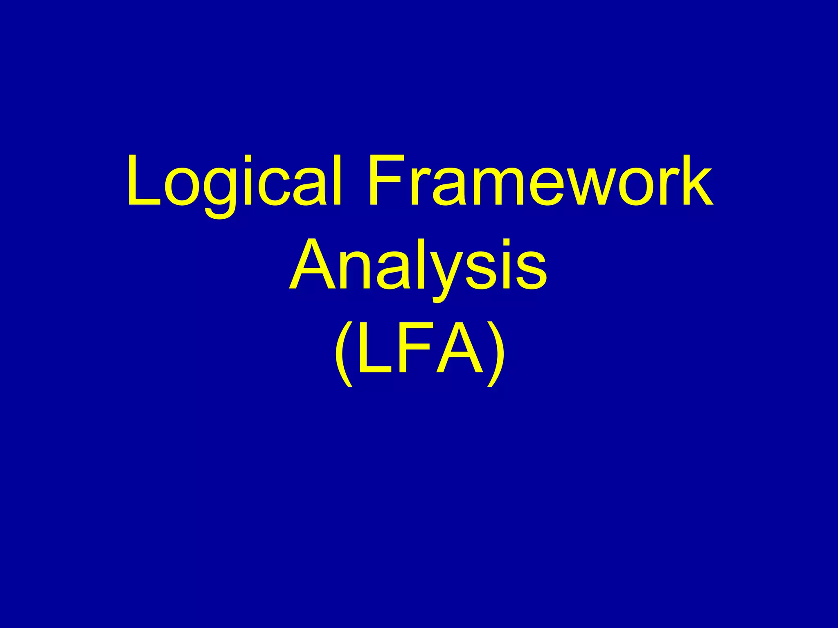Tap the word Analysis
click(x=418, y=266)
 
